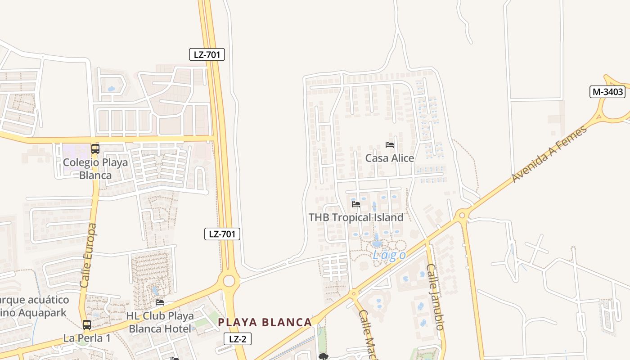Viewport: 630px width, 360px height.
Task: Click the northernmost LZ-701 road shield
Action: (x=207, y=55)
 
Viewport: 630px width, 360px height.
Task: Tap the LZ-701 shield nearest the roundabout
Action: (x=222, y=234)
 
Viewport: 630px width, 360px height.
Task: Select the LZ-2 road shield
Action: (x=238, y=339)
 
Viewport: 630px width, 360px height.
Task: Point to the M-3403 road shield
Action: (x=607, y=92)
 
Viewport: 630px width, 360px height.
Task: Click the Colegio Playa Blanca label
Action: (x=95, y=169)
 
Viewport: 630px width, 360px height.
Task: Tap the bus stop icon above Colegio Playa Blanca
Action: (x=95, y=149)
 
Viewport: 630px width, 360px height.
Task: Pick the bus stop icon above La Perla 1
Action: (x=86, y=324)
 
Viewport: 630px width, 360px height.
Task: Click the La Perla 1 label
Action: (x=87, y=338)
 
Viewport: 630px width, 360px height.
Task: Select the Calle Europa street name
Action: (x=88, y=256)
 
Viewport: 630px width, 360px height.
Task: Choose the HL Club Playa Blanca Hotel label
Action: (x=160, y=322)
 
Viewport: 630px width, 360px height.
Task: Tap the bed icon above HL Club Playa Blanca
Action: (x=159, y=302)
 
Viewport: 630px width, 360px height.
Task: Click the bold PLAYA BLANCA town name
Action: (x=265, y=322)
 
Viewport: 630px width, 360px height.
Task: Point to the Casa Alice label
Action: (x=390, y=158)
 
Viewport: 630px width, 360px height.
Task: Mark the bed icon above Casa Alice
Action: (x=390, y=145)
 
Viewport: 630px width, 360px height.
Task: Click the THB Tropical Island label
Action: (x=356, y=217)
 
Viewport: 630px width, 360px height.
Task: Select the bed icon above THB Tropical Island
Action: (x=356, y=204)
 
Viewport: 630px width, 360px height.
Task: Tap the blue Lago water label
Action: (x=389, y=256)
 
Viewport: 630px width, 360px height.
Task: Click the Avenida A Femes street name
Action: (x=549, y=154)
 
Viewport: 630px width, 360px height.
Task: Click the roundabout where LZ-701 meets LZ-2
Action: (x=229, y=281)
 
